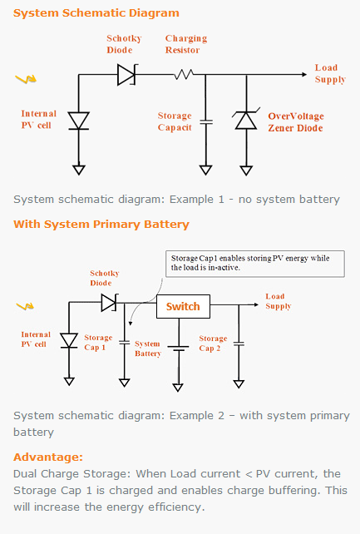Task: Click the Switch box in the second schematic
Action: pos(183,306)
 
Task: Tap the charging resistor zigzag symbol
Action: pos(184,74)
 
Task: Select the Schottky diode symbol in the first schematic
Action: pos(127,74)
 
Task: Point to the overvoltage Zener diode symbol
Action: pos(246,118)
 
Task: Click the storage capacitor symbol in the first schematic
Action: pos(206,121)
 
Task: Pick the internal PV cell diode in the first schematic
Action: pos(79,121)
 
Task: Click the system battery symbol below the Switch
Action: pos(178,349)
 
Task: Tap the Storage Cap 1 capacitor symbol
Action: pos(125,342)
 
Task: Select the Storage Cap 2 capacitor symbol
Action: pos(239,344)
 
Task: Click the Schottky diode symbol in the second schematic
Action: pos(110,303)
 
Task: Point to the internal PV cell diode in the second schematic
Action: pos(69,340)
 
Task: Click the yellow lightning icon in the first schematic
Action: pos(26,79)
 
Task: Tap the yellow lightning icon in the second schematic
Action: pos(25,306)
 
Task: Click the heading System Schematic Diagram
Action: pos(96,13)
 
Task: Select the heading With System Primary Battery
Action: pos(101,225)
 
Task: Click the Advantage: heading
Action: pos(48,457)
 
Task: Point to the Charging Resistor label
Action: pos(186,44)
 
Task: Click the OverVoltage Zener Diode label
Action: pos(296,122)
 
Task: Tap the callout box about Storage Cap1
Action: pos(255,264)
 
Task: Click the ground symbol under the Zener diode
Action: pos(246,171)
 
